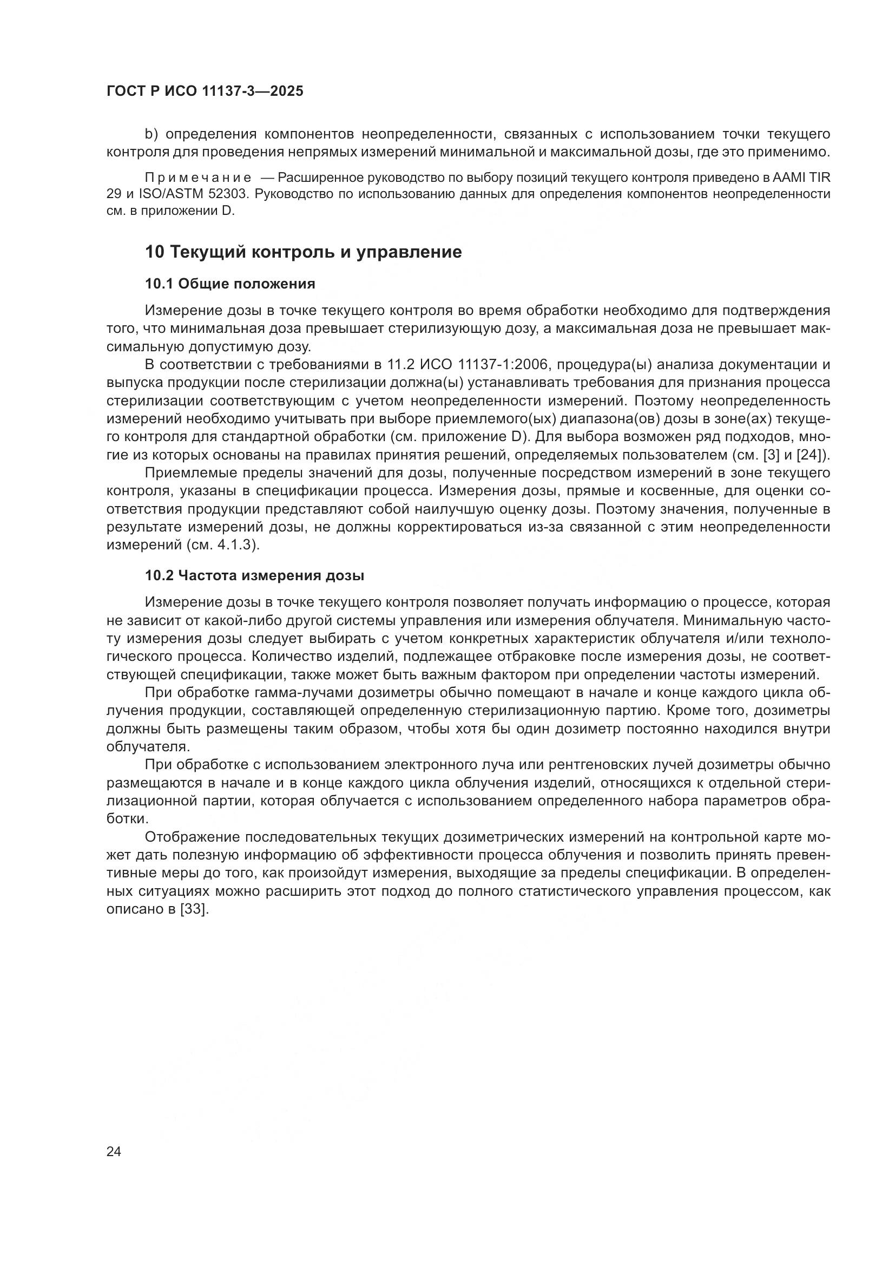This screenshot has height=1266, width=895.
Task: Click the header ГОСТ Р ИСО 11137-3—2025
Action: [205, 91]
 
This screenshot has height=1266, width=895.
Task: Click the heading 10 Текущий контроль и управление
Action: [303, 252]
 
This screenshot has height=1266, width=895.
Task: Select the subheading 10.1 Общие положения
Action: [230, 284]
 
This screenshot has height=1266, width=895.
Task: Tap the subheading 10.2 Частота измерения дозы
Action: [254, 576]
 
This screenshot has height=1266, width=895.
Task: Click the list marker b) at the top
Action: [152, 134]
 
